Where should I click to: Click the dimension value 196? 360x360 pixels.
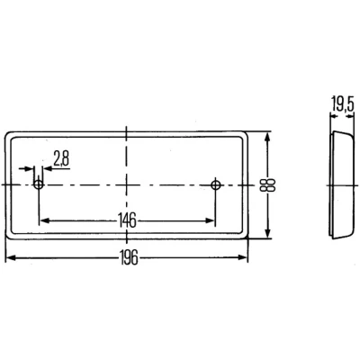click(x=129, y=257)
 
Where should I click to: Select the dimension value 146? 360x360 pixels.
click(x=127, y=220)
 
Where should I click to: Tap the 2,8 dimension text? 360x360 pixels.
click(x=61, y=158)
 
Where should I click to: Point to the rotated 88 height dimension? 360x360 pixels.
click(x=268, y=185)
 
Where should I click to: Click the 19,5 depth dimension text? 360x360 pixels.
click(x=343, y=104)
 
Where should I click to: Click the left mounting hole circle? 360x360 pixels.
click(x=39, y=184)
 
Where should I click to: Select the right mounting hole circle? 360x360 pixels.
click(x=215, y=184)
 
